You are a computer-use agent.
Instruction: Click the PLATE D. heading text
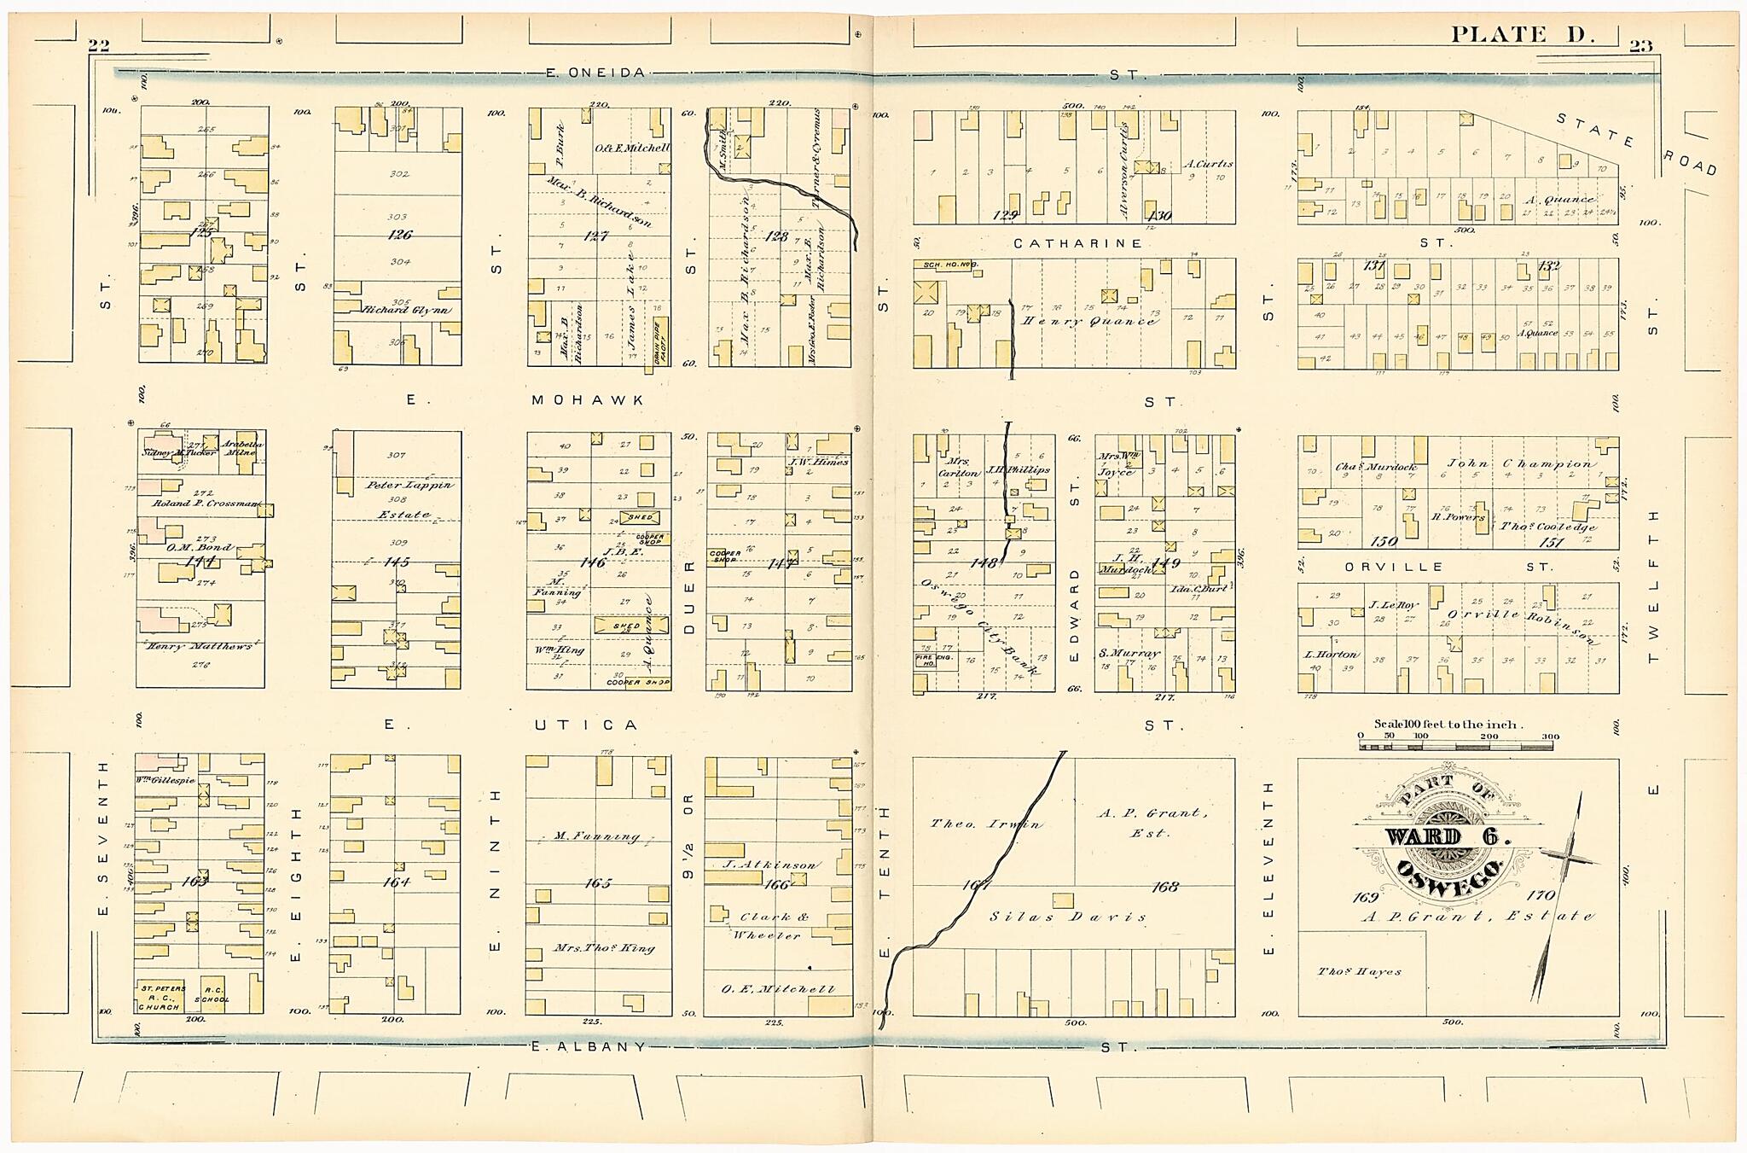pyautogui.click(x=1521, y=34)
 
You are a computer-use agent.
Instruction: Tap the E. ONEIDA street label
pyautogui.click(x=595, y=73)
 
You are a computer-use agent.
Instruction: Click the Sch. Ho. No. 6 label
pyautogui.click(x=948, y=265)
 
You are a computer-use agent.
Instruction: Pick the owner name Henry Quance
pyautogui.click(x=1088, y=321)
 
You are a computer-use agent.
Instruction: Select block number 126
pyautogui.click(x=399, y=235)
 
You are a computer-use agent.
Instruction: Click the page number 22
pyautogui.click(x=99, y=46)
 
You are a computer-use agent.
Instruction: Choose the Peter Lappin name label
pyautogui.click(x=409, y=485)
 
